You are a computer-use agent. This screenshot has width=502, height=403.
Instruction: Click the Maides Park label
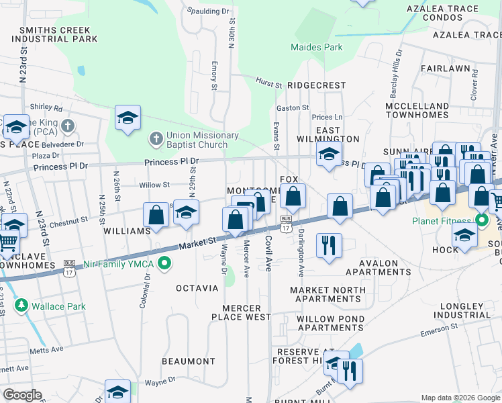click(x=317, y=47)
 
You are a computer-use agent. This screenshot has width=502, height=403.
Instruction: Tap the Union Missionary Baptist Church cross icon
click(x=156, y=140)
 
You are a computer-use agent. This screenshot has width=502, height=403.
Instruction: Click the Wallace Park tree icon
click(x=21, y=306)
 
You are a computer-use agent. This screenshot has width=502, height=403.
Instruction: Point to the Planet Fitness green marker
click(x=481, y=220)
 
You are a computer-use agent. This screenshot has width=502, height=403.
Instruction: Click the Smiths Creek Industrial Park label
click(x=59, y=35)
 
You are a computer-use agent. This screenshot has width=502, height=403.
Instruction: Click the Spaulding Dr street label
click(x=208, y=11)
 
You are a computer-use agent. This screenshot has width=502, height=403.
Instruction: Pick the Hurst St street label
click(x=268, y=83)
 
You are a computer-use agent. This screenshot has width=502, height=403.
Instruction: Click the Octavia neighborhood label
click(x=197, y=288)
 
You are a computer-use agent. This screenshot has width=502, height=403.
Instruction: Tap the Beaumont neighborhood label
click(x=189, y=361)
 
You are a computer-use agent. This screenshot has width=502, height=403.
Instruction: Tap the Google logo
click(x=23, y=396)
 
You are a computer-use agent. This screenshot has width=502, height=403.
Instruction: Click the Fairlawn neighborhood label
click(x=446, y=69)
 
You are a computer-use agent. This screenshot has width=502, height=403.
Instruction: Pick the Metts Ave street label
click(x=46, y=349)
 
